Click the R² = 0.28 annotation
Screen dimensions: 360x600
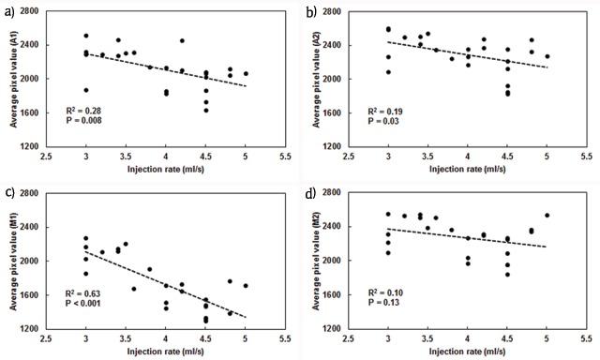(x=95, y=111)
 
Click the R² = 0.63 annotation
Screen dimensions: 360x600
(x=95, y=292)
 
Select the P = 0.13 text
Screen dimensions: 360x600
(x=397, y=303)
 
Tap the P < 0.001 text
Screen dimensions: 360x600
(x=97, y=303)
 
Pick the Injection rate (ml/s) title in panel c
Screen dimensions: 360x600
(x=164, y=351)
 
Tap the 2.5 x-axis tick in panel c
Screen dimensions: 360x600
(x=69, y=337)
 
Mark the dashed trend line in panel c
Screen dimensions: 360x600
(x=165, y=271)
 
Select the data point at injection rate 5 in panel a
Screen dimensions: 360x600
(x=246, y=73)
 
